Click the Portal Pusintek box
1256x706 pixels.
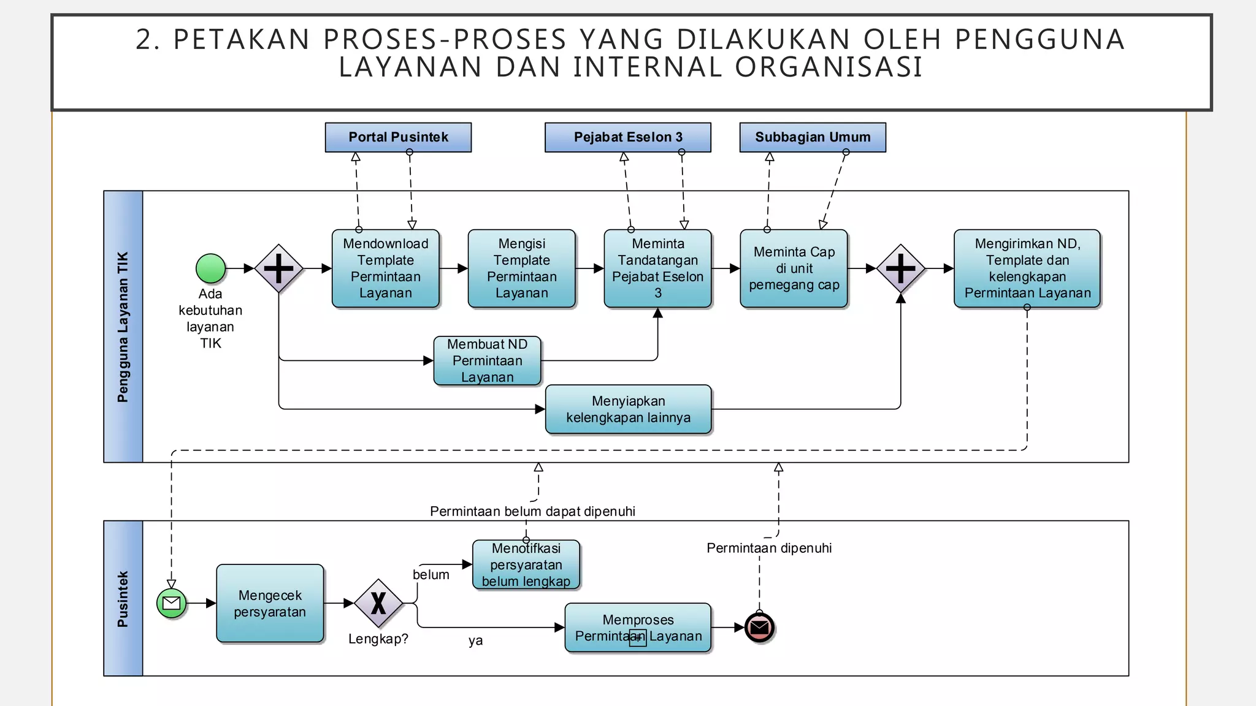(398, 137)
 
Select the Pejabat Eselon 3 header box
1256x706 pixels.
(627, 137)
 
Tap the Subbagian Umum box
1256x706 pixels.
(813, 137)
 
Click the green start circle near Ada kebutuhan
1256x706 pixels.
(210, 268)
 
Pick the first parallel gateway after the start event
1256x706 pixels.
(279, 268)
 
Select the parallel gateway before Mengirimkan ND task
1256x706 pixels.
(900, 268)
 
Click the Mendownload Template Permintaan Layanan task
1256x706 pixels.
(385, 268)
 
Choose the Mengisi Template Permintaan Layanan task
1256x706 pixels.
(521, 268)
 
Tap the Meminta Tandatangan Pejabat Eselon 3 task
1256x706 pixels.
(657, 268)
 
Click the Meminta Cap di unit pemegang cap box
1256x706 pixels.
(794, 268)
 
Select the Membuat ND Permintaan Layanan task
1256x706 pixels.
(487, 360)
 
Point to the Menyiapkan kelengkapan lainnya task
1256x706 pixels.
(628, 409)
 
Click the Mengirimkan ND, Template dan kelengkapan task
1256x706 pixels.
(1027, 268)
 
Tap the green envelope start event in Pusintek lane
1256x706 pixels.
(172, 603)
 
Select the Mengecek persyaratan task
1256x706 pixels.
(270, 603)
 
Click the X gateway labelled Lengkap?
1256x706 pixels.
(378, 603)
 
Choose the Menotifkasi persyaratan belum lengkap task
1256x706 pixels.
(526, 564)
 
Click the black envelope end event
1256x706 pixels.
(759, 628)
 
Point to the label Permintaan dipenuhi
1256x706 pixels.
(769, 548)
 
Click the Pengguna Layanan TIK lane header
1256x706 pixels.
(123, 327)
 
